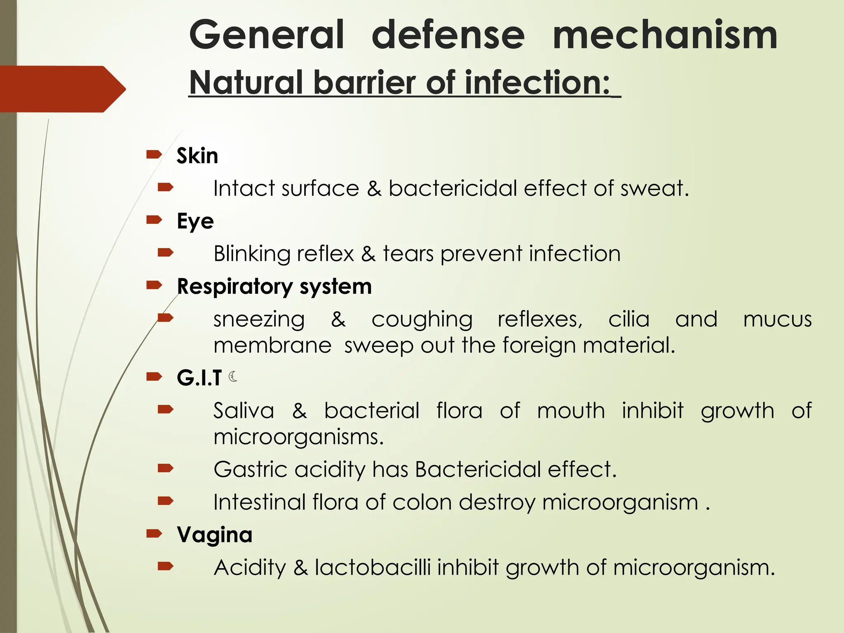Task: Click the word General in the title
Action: [x=267, y=35]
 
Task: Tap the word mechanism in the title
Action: [x=665, y=35]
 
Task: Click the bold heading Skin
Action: [x=197, y=156]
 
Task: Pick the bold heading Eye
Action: [x=195, y=221]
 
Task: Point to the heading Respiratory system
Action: [x=274, y=286]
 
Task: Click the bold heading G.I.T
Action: [x=199, y=377]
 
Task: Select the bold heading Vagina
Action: [x=214, y=535]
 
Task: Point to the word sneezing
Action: [x=259, y=320]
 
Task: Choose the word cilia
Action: [x=629, y=319]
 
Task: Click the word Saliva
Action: [x=244, y=411]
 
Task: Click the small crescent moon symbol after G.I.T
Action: [x=233, y=376]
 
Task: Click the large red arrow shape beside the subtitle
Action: [x=62, y=89]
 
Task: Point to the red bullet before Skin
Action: [x=154, y=155]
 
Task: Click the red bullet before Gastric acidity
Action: [x=165, y=468]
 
